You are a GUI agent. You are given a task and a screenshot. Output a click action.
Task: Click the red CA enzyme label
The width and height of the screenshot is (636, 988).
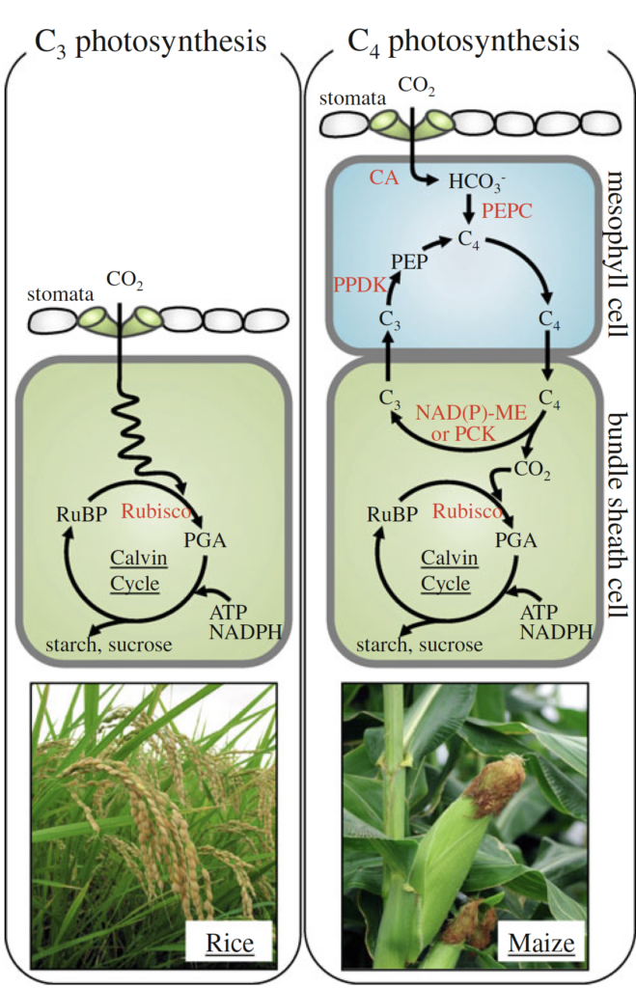384,178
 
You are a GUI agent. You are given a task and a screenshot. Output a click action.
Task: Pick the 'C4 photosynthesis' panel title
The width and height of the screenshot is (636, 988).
463,42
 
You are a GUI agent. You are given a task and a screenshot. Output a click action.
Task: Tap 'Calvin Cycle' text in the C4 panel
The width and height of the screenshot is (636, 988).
448,571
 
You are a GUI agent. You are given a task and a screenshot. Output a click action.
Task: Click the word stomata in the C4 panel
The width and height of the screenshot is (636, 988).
353,97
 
